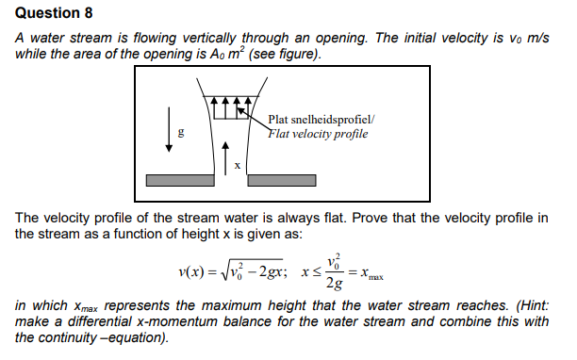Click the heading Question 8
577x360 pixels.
[55, 14]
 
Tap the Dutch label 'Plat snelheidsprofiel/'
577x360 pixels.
[321, 120]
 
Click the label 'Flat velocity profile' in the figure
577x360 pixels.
[318, 133]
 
